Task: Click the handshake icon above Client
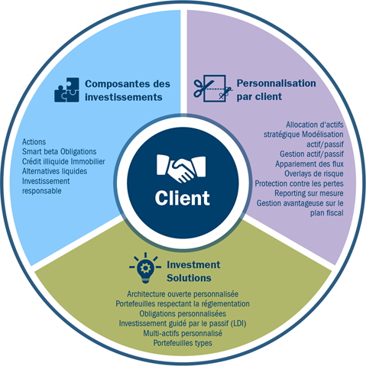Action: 181,168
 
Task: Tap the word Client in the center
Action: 183,198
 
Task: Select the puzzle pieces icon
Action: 66,90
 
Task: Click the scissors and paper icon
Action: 213,89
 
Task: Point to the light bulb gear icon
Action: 145,268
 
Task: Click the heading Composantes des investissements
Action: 128,90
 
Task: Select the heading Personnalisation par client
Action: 276,90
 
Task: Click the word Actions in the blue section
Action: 34,142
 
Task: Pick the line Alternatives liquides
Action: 54,171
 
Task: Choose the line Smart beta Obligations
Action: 59,151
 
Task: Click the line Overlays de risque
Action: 314,173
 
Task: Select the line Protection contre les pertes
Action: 300,183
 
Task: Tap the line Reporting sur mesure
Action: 309,193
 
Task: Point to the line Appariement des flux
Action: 309,164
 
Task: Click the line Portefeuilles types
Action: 183,343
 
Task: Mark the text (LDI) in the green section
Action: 238,323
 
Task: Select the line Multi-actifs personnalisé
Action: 183,333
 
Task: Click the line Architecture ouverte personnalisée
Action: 183,294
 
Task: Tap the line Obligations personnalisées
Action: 183,313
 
